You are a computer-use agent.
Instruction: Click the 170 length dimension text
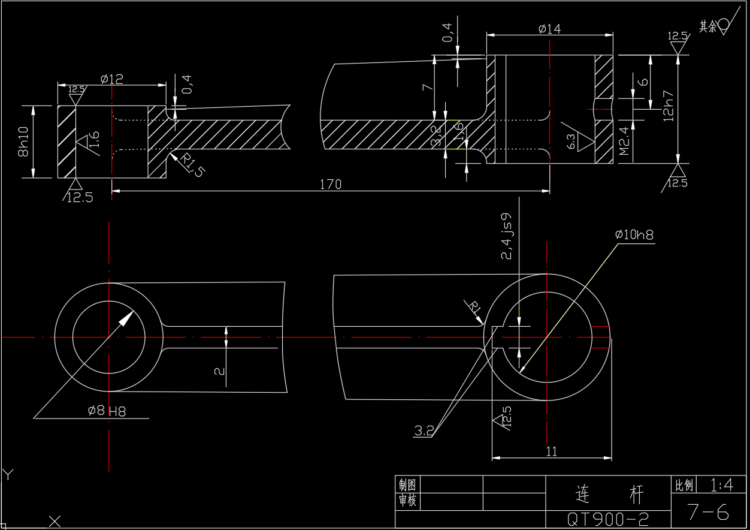330,184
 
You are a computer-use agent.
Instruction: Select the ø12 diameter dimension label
112,79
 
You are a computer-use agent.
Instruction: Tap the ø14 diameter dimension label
549,28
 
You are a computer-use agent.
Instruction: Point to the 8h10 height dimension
24,143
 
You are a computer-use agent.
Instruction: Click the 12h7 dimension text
669,106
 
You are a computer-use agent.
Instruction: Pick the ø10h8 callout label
634,235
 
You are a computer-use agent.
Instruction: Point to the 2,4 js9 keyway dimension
507,236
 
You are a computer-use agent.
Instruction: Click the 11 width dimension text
552,451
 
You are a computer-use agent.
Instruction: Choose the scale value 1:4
721,484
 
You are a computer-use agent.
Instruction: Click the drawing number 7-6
707,511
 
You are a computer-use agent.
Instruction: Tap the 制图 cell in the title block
407,484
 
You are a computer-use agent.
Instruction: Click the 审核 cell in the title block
407,501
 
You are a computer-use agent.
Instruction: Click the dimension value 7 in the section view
427,87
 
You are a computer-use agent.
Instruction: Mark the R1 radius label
475,308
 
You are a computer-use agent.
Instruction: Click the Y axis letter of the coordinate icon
8,475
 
